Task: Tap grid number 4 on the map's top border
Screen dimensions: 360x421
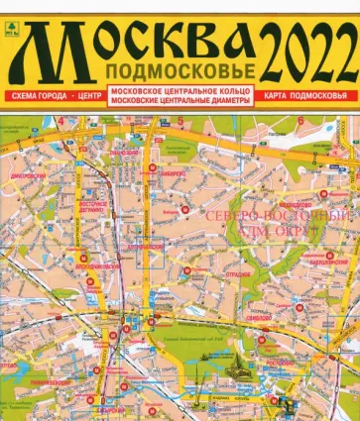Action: point(60,122)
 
